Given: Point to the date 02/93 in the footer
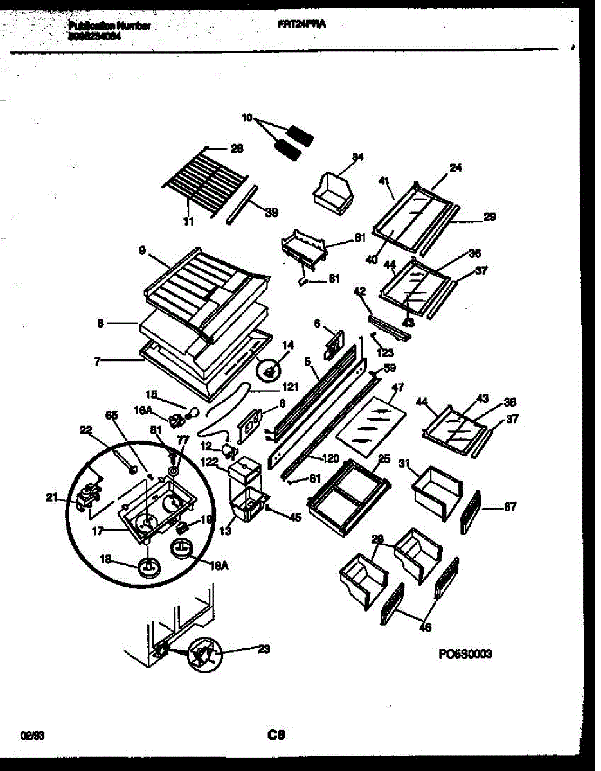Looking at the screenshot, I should coord(29,734).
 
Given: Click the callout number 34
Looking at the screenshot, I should coord(358,157).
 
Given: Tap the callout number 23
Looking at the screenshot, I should coord(263,649).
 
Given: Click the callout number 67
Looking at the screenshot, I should coord(509,507).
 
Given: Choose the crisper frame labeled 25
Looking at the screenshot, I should coord(348,495).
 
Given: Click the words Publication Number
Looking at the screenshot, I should coord(109,26).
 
